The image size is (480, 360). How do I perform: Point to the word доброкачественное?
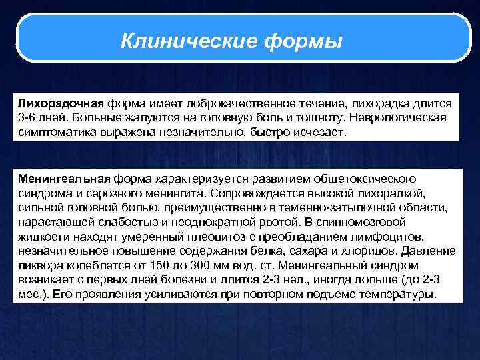tap(235, 104)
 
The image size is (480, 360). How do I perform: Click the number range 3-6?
tap(27, 118)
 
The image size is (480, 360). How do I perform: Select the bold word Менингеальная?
tap(64, 179)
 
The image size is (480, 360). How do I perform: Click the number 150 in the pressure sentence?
tap(150, 265)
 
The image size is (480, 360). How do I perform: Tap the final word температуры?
tap(403, 294)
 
